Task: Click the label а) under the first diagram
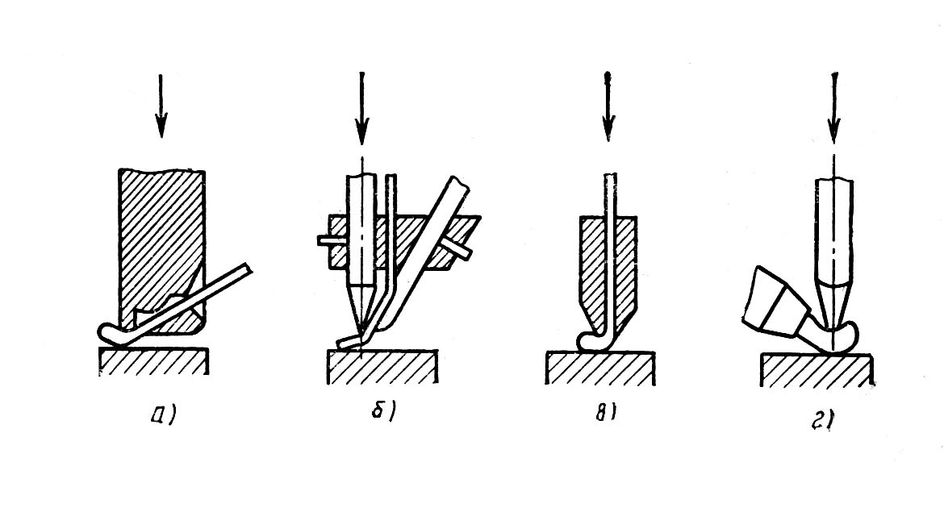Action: [x=163, y=414]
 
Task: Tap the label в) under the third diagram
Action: [x=606, y=414]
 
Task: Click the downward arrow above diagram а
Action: [x=160, y=106]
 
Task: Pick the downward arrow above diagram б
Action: [x=361, y=108]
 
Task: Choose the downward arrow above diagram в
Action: [x=608, y=106]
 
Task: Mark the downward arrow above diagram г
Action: [x=833, y=108]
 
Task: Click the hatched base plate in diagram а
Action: [x=154, y=361]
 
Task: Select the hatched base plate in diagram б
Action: [x=382, y=366]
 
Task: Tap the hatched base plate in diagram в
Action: [x=600, y=369]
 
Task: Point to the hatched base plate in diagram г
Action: [x=817, y=370]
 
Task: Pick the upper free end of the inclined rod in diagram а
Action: [x=248, y=269]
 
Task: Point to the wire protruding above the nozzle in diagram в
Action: [x=610, y=194]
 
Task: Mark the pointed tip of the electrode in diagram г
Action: [x=833, y=328]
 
